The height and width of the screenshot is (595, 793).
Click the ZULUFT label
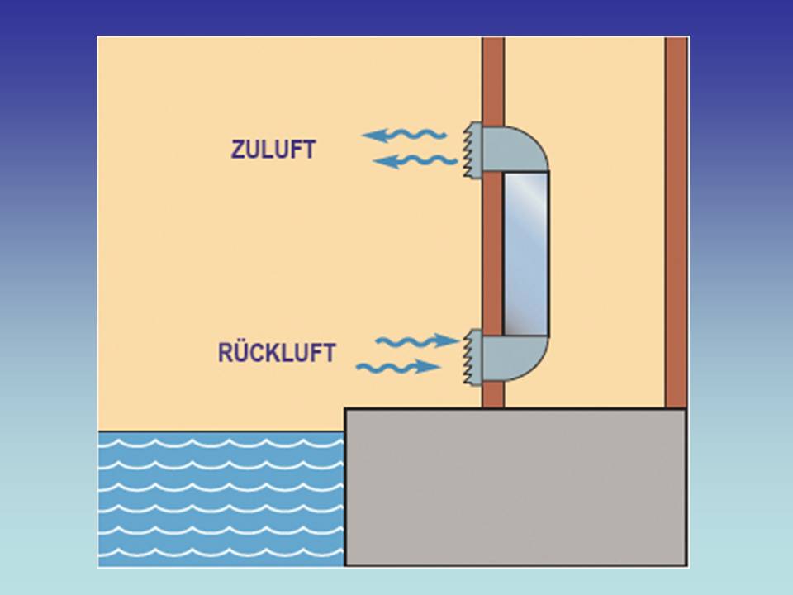click(x=273, y=150)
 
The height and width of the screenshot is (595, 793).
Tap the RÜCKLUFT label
click(x=277, y=353)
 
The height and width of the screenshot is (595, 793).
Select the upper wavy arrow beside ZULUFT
click(x=405, y=135)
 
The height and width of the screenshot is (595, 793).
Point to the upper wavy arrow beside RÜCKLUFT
click(x=417, y=340)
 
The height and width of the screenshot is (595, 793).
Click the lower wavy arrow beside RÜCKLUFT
click(x=398, y=365)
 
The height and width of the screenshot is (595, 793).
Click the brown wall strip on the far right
click(x=676, y=223)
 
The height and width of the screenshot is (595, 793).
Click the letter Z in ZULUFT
click(x=237, y=150)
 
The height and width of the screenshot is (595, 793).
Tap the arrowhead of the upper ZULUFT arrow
click(x=373, y=136)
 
